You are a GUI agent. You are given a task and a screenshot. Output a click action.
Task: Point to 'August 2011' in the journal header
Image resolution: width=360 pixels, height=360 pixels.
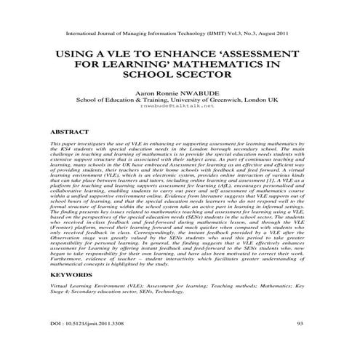tap(276, 33)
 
